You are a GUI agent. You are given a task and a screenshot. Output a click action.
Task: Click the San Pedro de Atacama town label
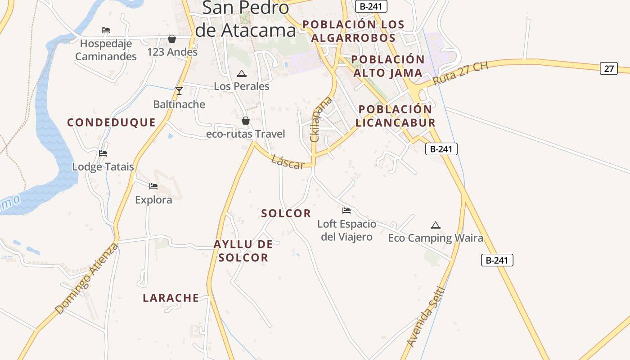tap(246, 19)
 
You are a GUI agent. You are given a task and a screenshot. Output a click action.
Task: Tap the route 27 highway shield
tap(609, 69)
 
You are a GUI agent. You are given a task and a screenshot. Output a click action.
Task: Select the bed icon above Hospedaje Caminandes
tap(106, 31)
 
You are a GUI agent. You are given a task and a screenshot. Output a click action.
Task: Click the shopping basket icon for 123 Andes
tap(172, 39)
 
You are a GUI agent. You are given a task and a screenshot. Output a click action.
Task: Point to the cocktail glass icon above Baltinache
tap(179, 91)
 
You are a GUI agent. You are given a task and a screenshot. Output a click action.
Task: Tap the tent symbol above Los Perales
tap(242, 73)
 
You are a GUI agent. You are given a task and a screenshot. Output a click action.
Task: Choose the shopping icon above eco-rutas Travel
tap(246, 121)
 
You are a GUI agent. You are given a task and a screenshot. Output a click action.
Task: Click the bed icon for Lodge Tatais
tap(103, 153)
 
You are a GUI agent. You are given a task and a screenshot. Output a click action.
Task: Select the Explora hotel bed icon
tap(153, 186)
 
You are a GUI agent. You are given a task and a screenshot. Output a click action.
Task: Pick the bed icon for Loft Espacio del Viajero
tap(346, 210)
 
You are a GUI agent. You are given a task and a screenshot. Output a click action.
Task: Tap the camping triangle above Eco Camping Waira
tap(435, 225)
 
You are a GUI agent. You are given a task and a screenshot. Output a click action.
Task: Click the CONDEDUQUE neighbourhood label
tap(111, 122)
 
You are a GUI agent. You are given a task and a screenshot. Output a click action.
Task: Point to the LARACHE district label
tap(171, 298)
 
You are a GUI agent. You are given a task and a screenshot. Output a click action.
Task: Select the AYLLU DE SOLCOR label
tap(243, 251)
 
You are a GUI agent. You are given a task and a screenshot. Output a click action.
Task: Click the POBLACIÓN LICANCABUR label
tap(396, 116)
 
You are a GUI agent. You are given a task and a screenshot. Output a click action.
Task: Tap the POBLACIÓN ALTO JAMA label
tap(388, 66)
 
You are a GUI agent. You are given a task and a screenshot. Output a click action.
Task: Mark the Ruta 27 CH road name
tap(460, 73)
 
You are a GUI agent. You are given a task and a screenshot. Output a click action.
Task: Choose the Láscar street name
tap(288, 162)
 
